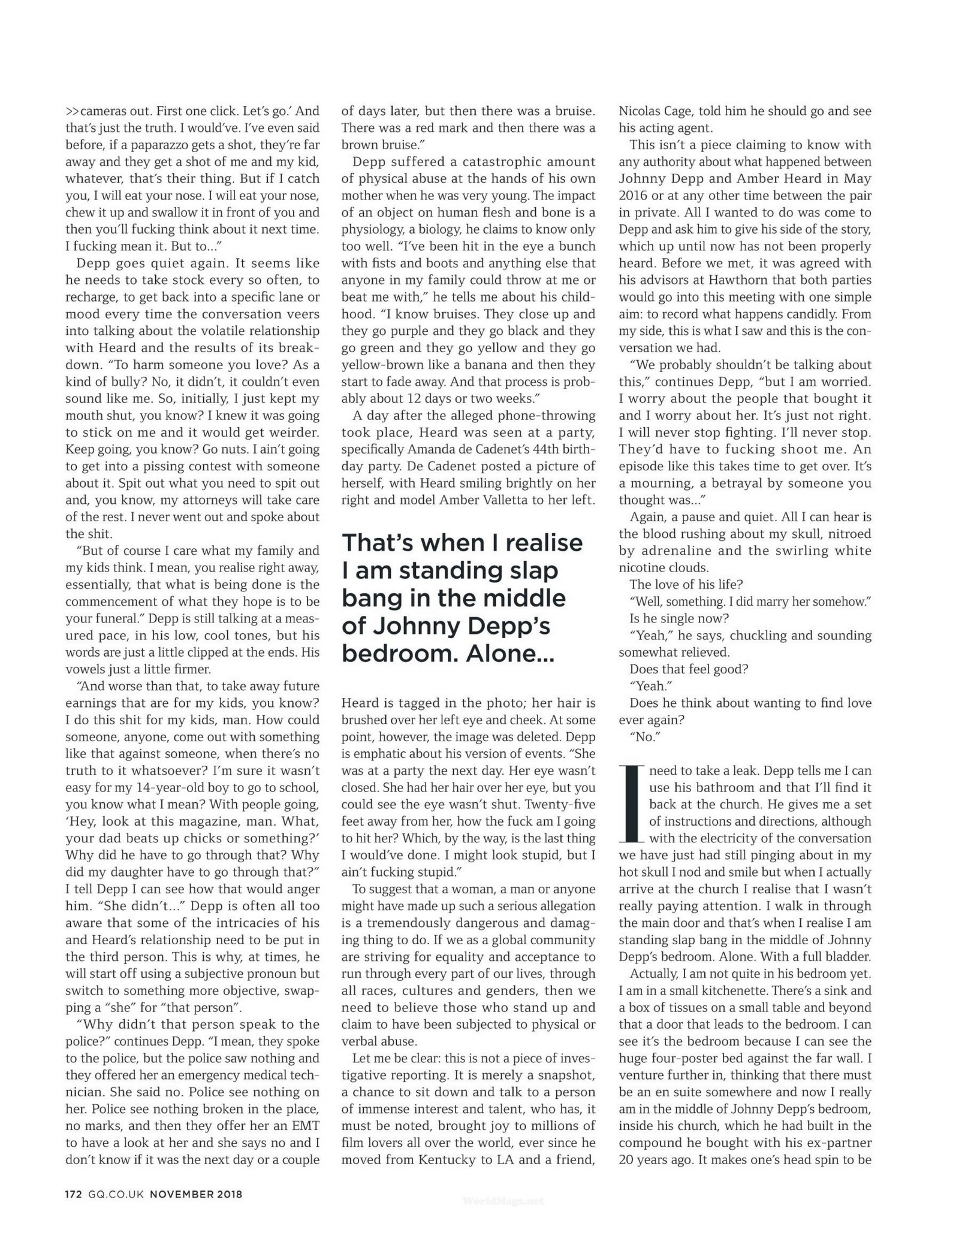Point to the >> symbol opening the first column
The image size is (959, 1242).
pyautogui.click(x=72, y=111)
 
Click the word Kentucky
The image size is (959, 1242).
pyautogui.click(x=444, y=1159)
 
